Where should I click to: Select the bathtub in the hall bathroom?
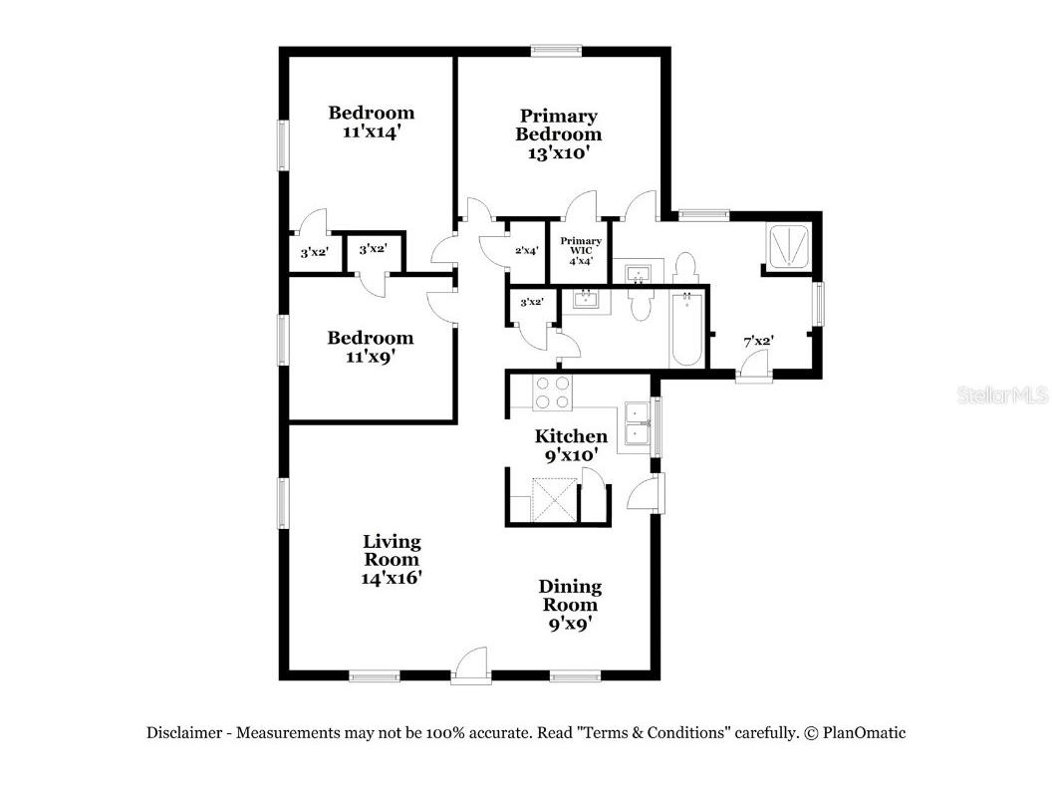coord(687,330)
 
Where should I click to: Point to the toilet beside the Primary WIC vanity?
coord(684,269)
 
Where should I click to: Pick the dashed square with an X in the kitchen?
coord(554,498)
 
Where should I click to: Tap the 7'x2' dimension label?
coord(760,342)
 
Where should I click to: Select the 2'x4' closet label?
coord(526,250)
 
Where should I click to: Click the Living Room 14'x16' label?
coord(392,559)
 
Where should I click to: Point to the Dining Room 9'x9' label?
coord(570,605)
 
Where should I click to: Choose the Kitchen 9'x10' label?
coord(571,444)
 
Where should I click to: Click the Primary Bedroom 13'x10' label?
coord(558,134)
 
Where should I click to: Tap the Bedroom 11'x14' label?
coord(372,121)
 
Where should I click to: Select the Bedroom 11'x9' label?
coord(371,347)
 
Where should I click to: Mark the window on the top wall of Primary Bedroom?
coord(556,50)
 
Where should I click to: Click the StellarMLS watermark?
coord(1002,395)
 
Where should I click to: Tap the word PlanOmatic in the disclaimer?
coord(864,732)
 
